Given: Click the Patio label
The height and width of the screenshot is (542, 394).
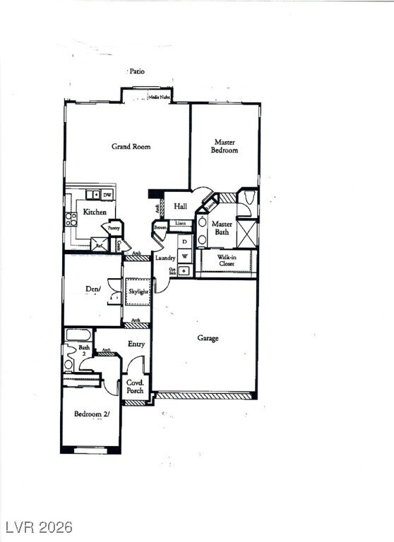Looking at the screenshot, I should tap(137, 71).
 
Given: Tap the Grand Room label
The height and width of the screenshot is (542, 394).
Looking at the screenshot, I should tap(131, 147).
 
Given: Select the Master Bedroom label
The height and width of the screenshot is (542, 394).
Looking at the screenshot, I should tap(225, 146).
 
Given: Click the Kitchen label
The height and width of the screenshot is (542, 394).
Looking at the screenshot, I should tap(95, 212).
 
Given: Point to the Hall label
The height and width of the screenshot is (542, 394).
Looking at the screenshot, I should tap(180, 207).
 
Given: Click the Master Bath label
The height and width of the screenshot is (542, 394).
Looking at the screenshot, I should tap(222, 227).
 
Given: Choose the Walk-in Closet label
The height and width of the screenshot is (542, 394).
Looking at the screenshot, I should tap(226, 261).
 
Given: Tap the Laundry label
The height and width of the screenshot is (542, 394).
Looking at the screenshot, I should tap(165, 258).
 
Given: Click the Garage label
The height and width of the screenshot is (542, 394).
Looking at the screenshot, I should tap(208, 338).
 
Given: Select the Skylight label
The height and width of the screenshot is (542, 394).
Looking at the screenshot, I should tap(138, 291).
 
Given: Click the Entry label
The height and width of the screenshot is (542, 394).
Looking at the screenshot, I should tap(136, 344).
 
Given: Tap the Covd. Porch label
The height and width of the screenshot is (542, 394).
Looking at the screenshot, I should tap(135, 386).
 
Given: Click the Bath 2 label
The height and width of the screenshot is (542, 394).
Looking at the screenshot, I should tap(84, 351).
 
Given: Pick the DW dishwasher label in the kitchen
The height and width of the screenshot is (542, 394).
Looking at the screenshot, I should tap(107, 195).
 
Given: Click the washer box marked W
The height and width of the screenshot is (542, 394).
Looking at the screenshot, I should tap(184, 255).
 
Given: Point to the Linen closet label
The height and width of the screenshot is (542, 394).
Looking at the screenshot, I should tap(181, 224).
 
